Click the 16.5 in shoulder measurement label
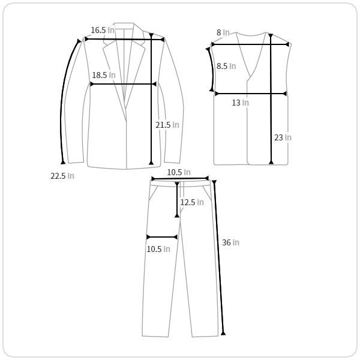pyautogui.click(x=103, y=30)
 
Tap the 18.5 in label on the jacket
pyautogui.click(x=104, y=75)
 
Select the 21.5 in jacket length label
pyautogui.click(x=167, y=125)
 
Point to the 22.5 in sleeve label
pyautogui.click(x=62, y=176)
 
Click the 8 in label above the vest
pyautogui.click(x=223, y=32)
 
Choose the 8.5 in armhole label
pyautogui.click(x=226, y=66)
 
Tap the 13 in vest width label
pyautogui.click(x=240, y=103)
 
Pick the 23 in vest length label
pyautogui.click(x=283, y=137)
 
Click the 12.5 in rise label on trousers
pyautogui.click(x=192, y=202)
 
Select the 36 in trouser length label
pyautogui.click(x=230, y=242)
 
